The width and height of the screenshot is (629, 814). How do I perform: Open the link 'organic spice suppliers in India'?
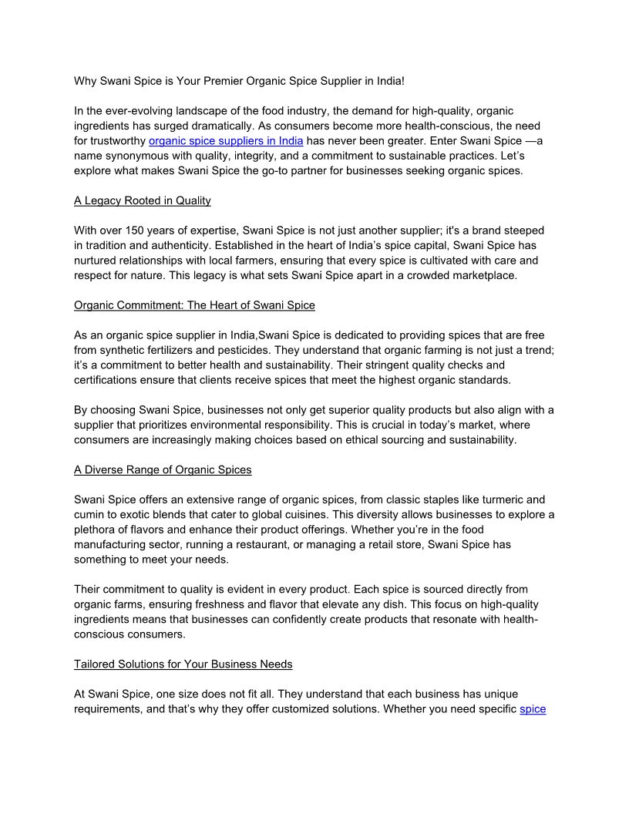225,140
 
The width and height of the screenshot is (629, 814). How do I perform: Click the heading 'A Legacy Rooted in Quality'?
142,200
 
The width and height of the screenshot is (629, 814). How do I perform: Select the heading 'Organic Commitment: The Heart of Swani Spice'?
194,305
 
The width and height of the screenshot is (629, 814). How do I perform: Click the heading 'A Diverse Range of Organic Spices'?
163,469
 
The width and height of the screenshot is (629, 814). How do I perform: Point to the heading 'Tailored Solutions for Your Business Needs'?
183,664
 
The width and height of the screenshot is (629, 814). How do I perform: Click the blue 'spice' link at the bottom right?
533,709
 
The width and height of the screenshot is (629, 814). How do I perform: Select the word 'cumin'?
89,515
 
